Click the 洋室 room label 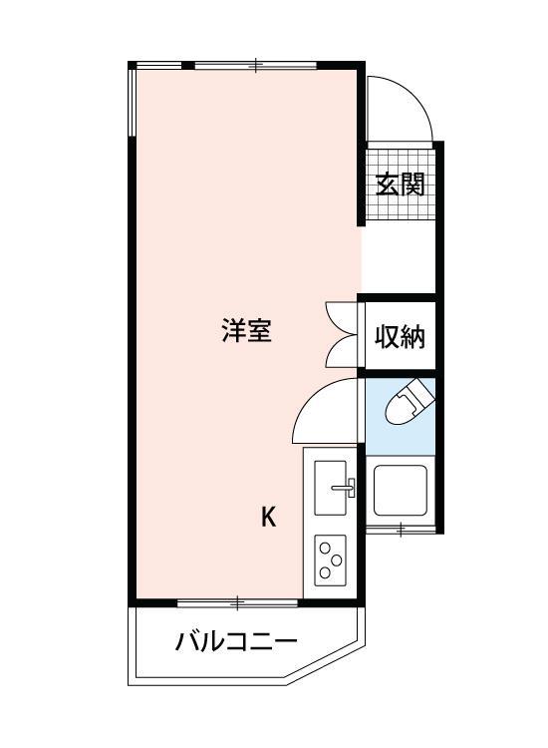246,331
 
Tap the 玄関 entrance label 401,185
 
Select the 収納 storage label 400,337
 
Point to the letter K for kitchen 268,517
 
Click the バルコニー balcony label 236,641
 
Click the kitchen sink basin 331,487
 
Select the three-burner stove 330,561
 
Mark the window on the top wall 256,66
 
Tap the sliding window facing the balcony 238,602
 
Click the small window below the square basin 400,529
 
